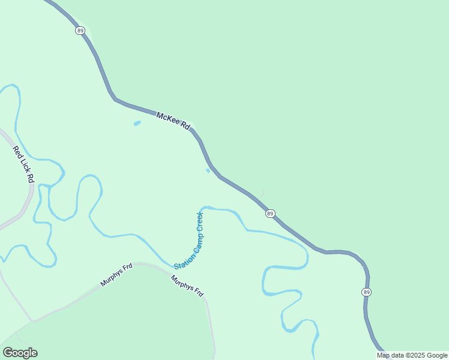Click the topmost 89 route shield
(x=80, y=31)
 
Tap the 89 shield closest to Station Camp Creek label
(x=271, y=214)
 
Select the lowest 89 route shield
(x=366, y=292)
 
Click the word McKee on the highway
(x=167, y=119)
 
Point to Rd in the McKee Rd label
(x=186, y=127)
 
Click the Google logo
(x=20, y=353)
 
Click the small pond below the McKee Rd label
(x=137, y=124)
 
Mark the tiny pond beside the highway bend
(x=208, y=170)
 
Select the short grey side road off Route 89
(x=261, y=194)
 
